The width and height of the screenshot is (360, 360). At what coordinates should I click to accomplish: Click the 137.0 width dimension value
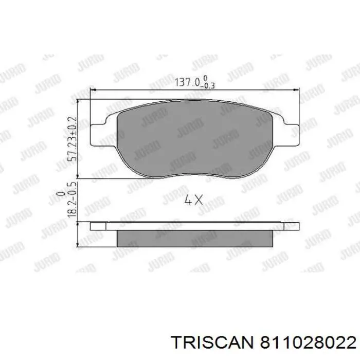187,82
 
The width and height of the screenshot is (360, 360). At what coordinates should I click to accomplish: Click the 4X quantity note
193,201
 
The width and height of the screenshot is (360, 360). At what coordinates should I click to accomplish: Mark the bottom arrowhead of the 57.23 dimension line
78,176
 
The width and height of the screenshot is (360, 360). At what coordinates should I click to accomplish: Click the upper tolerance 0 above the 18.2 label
61,194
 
